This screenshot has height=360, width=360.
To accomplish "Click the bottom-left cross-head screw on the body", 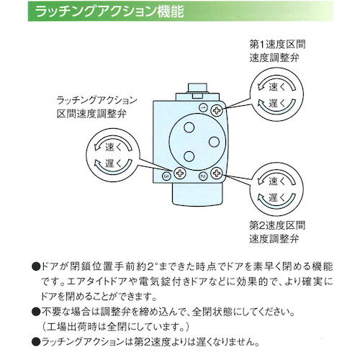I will click(179, 175).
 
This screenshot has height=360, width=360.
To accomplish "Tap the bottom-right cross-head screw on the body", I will click(216, 175).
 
